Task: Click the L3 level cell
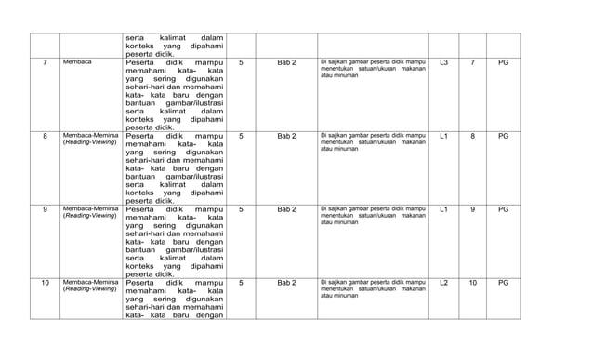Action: [443, 62]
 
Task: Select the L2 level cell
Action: [443, 281]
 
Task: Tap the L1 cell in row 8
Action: [443, 136]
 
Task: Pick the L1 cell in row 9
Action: [443, 208]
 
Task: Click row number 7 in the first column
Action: [45, 62]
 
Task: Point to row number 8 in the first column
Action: [45, 136]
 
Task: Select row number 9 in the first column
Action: [45, 208]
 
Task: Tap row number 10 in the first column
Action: [45, 281]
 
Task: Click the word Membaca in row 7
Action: [77, 62]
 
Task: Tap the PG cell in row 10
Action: [503, 281]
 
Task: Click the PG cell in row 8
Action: [503, 136]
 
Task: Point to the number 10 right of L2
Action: [472, 281]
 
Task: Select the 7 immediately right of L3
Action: [472, 62]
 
